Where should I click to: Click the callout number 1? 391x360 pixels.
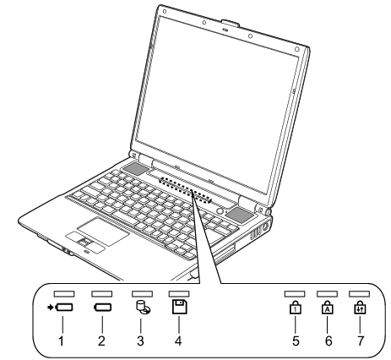61,341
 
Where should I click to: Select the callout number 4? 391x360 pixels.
178,341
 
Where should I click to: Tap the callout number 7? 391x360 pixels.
361,341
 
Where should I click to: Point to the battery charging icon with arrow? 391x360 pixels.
60,308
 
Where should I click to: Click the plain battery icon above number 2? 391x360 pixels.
102,308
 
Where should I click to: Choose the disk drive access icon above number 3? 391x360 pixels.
143,308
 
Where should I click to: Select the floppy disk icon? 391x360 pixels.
180,307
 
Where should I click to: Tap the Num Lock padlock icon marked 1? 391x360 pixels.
295,308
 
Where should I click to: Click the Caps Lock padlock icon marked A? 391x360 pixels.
328,308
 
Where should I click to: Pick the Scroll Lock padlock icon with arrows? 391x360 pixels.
360,308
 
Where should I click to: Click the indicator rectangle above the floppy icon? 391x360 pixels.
179,294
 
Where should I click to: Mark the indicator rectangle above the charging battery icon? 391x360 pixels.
64,294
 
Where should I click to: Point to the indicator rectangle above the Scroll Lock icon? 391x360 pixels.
359,294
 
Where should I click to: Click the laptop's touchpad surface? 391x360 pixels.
104,232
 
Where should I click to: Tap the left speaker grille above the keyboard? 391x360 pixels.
135,169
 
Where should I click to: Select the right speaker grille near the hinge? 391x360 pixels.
240,215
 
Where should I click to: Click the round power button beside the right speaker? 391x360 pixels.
220,210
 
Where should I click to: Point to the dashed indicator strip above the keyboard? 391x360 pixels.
185,190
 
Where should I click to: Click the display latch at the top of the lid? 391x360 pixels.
231,24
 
